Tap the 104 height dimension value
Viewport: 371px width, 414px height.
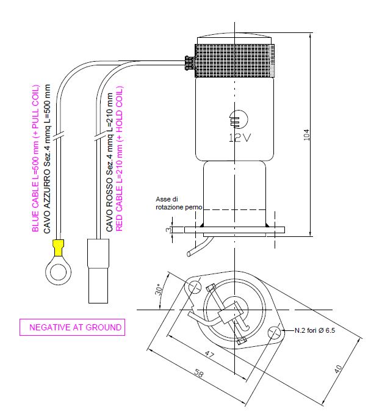(306, 136)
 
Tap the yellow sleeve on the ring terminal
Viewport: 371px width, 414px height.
(59, 248)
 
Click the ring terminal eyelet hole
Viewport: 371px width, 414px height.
(58, 268)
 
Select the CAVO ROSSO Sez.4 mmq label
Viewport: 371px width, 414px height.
(109, 162)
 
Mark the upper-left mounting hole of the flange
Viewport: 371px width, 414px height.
(195, 286)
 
